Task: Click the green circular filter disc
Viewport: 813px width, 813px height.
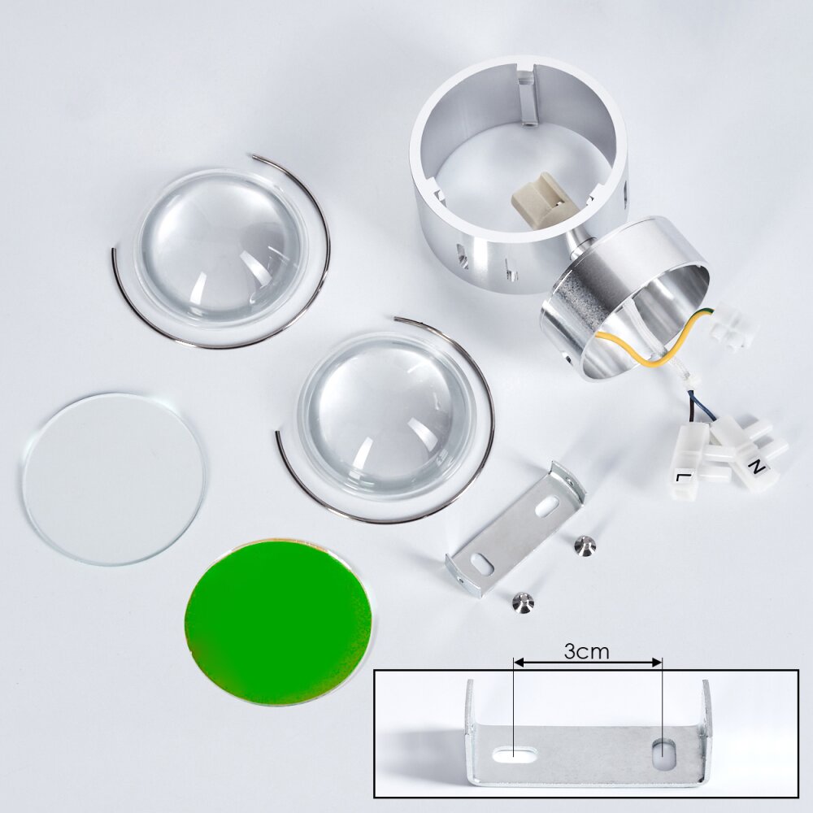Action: coord(278,622)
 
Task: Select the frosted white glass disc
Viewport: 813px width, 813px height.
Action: coord(114,479)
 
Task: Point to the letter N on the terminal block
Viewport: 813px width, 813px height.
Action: coord(758,467)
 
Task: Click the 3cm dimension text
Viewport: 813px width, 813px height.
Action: coord(586,651)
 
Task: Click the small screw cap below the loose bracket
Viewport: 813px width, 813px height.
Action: coord(523,602)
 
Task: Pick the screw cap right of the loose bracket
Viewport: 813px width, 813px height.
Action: coord(586,546)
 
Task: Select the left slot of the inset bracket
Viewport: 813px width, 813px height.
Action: coord(515,754)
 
